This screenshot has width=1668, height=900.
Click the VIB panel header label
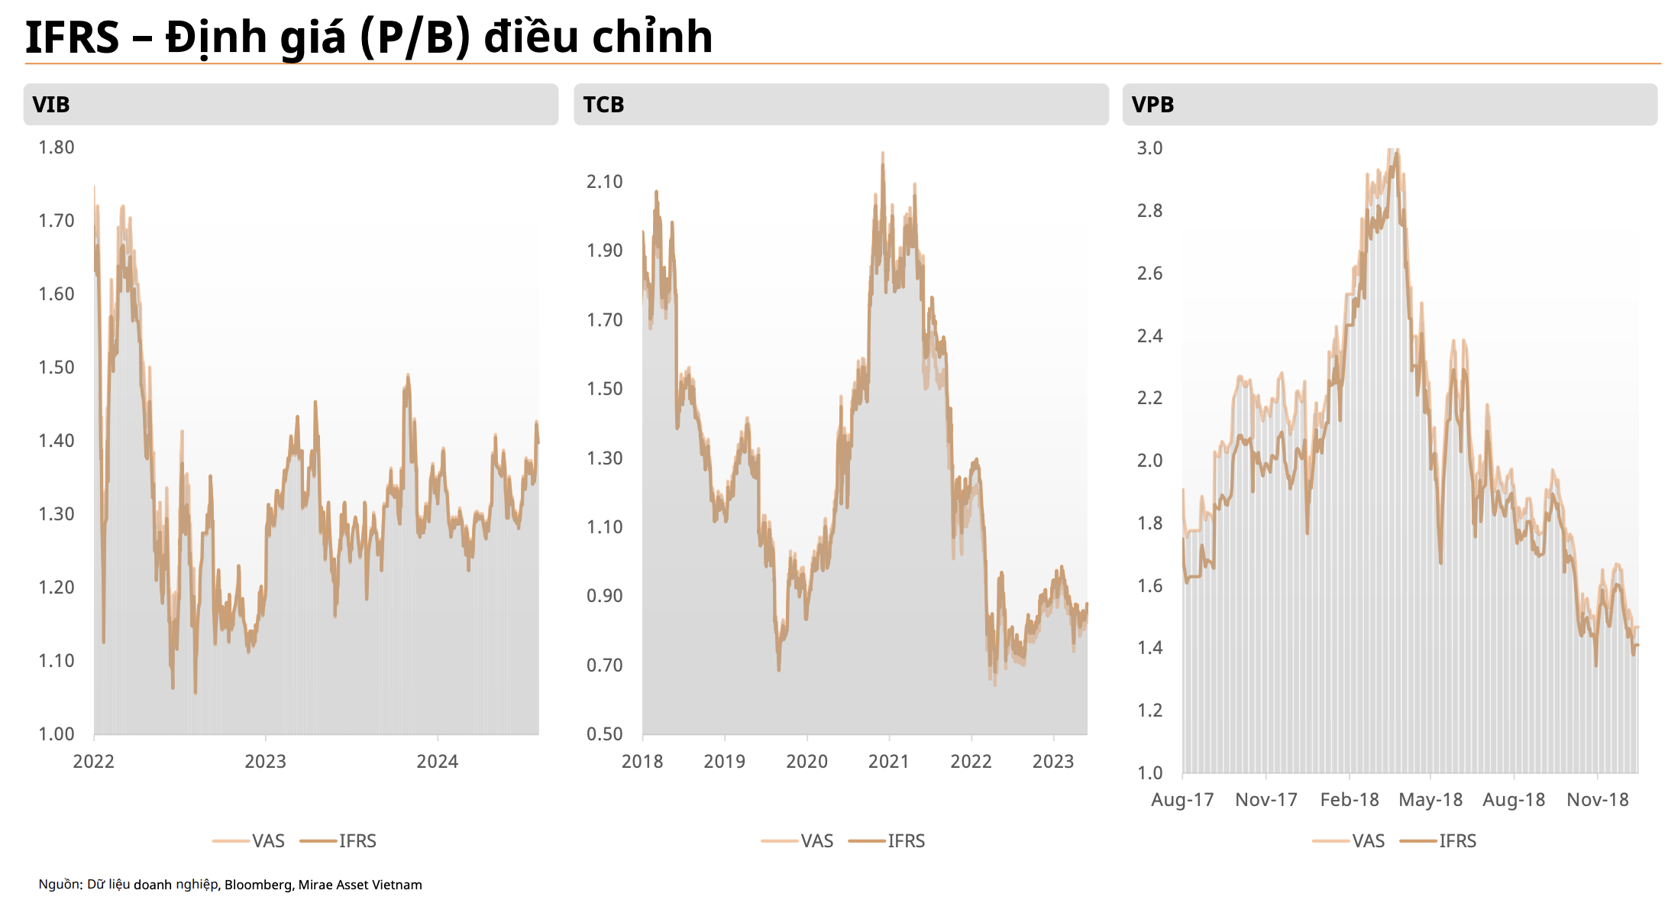[x=51, y=105]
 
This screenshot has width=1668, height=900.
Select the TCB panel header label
[x=603, y=105]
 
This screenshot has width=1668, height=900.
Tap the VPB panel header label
[x=1152, y=105]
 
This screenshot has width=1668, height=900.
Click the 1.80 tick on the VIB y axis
[x=57, y=147]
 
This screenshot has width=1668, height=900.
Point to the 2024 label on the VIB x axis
[x=437, y=762]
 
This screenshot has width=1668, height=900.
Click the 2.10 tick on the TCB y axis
[x=604, y=182]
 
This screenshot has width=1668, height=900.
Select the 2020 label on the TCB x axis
[x=807, y=762]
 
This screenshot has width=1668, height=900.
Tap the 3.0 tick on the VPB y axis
[x=1149, y=148]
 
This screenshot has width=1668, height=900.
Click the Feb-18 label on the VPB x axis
[x=1350, y=800]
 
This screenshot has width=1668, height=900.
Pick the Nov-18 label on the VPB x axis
[x=1597, y=800]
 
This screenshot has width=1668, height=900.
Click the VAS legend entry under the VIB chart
[x=249, y=841]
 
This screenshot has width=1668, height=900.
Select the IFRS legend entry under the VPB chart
[x=1438, y=841]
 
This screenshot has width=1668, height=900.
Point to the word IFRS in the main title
[x=73, y=37]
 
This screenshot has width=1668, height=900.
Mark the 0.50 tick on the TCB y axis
[x=604, y=734]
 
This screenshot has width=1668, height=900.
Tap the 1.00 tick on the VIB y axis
[x=57, y=734]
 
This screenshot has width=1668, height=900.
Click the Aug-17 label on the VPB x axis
[x=1182, y=800]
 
